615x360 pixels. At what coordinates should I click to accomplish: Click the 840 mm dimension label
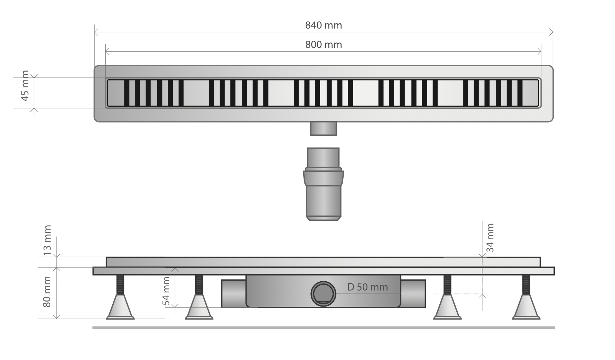tap(323, 25)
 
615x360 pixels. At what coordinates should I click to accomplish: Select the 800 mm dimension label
tap(323, 45)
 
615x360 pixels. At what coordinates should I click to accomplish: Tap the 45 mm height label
tap(25, 86)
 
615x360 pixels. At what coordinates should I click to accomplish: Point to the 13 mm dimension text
tap(47, 241)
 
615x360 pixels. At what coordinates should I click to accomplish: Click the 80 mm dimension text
tap(47, 292)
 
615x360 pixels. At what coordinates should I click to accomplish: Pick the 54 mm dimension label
tap(166, 291)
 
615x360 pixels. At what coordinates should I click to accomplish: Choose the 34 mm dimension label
tap(490, 237)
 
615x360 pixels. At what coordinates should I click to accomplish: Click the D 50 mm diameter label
tap(367, 287)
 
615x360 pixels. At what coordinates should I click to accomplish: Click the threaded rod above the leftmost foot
tap(120, 285)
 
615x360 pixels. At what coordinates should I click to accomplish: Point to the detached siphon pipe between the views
tap(323, 184)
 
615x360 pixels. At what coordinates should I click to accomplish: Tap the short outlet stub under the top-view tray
tap(323, 128)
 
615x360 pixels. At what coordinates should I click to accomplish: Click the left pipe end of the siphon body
tap(234, 294)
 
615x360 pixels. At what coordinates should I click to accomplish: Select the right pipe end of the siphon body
tap(413, 294)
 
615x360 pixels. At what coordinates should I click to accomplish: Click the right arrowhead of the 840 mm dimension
tap(551, 32)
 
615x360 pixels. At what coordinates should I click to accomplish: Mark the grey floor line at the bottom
tap(323, 328)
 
